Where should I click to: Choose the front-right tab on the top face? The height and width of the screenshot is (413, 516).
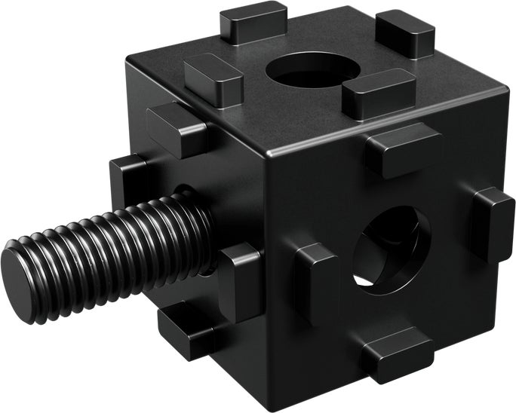coord(377,93)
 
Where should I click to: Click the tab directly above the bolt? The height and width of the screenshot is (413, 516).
coord(178,128)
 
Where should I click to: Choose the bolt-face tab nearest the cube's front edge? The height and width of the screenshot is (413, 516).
coord(241,279)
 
